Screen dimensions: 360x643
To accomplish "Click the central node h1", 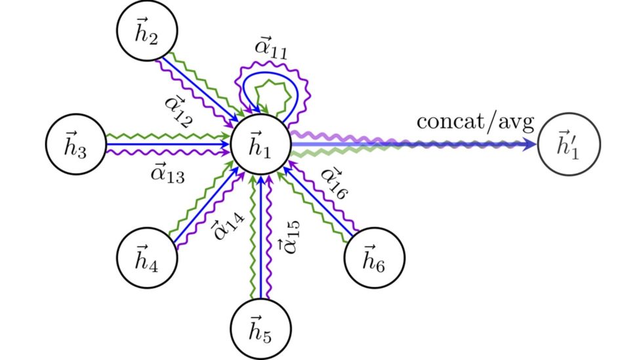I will coord(261,144).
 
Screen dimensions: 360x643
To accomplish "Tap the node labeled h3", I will coord(75,144).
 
